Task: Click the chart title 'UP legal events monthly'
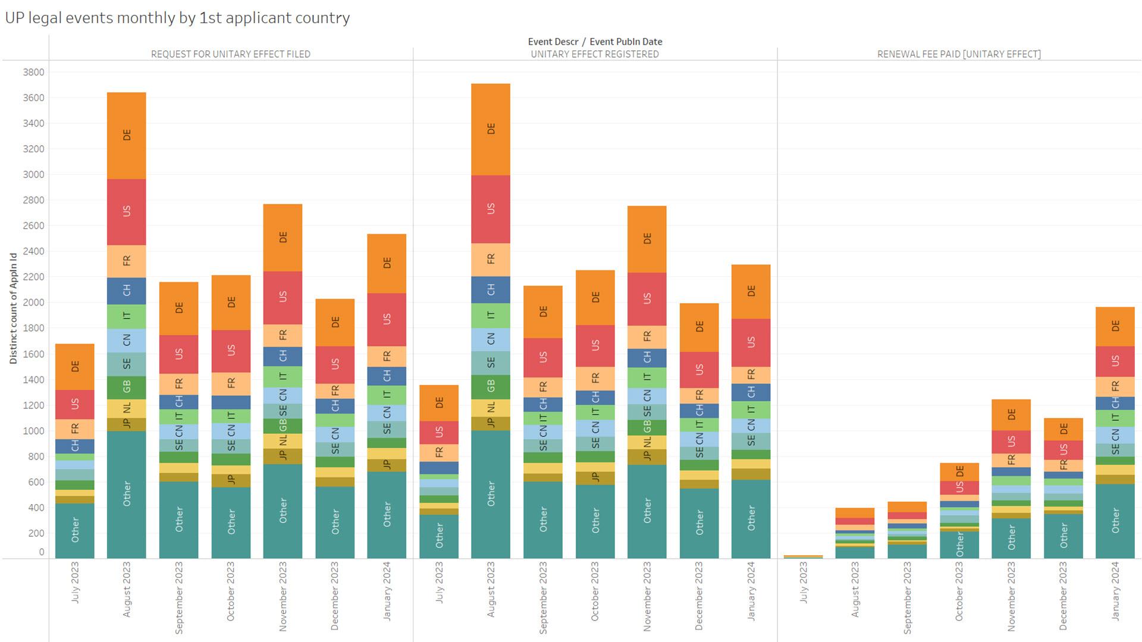tap(177, 18)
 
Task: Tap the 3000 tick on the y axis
tap(33, 175)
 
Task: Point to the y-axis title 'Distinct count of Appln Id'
tap(13, 308)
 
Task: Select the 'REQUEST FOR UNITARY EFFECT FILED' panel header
tap(231, 54)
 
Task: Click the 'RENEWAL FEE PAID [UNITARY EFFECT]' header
tap(959, 54)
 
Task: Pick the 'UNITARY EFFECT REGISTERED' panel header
tap(595, 54)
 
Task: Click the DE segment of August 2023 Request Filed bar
tap(126, 136)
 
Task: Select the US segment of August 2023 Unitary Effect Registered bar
tap(491, 209)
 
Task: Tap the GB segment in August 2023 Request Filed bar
tap(126, 388)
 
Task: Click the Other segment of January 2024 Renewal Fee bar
tap(1115, 521)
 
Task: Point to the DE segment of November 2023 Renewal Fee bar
tap(1011, 415)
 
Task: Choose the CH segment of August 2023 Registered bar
tap(491, 290)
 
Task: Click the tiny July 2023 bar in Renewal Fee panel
tap(803, 557)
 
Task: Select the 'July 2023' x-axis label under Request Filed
tap(75, 583)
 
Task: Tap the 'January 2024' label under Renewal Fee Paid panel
tap(1115, 591)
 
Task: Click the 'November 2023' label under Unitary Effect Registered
tap(647, 596)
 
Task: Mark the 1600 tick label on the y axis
tap(33, 354)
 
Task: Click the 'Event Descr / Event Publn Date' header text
tap(595, 42)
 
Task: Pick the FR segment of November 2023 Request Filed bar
tap(283, 336)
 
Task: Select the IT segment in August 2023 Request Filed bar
tap(126, 317)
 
